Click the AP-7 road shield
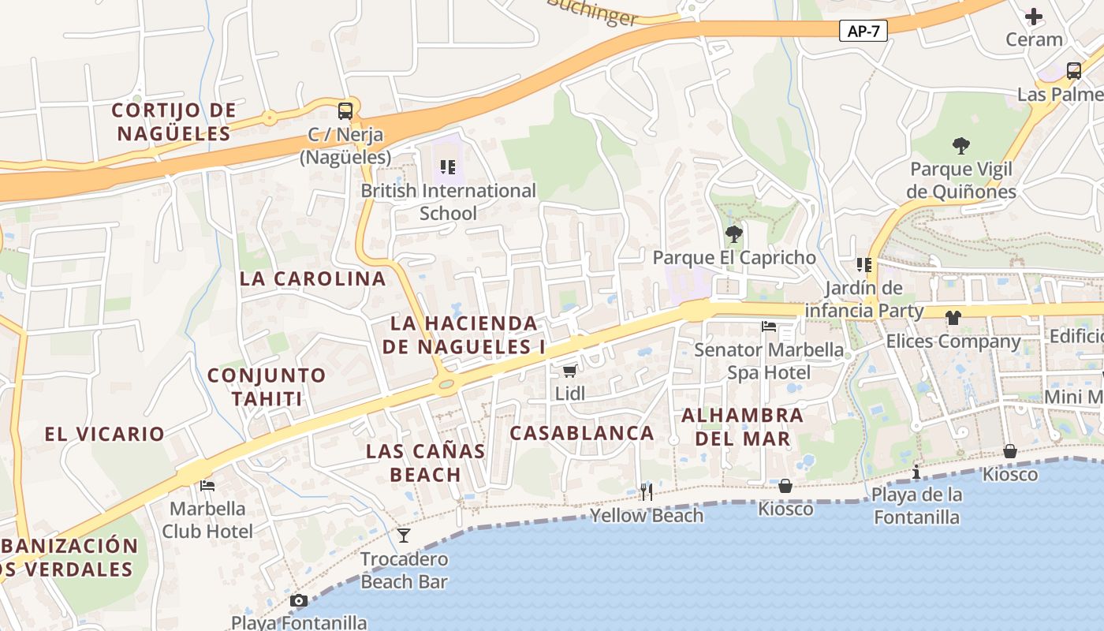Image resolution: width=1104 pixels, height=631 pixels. coord(863,31)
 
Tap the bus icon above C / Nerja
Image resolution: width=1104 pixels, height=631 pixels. coord(345,110)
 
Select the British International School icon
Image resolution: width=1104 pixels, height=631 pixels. coord(447,167)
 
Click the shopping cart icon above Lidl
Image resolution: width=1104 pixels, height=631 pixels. coord(569,371)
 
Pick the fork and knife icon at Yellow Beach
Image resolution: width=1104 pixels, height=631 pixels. coord(647,493)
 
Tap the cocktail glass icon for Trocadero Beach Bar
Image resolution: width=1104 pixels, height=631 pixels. coord(404,536)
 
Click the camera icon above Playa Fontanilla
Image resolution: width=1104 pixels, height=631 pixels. coord(298,601)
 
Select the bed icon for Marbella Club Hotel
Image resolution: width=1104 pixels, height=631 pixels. coord(207,485)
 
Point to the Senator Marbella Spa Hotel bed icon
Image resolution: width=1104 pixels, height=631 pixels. coord(769,327)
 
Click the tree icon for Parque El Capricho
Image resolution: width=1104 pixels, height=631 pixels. coord(733,234)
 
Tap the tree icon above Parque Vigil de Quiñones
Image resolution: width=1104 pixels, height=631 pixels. coord(960,146)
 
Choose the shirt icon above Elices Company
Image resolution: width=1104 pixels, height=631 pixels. coord(953,318)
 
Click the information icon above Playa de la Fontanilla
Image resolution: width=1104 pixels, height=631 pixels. coord(916,472)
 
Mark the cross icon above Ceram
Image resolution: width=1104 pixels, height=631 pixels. coord(1033,16)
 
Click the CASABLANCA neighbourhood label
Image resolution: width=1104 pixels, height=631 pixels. coord(582,433)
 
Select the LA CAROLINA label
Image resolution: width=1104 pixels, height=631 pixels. coord(313,278)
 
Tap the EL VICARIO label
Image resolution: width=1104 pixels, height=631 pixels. coord(104,434)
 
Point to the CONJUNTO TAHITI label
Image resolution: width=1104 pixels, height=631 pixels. coord(267,386)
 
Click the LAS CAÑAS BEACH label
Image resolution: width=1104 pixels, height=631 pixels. coord(426,463)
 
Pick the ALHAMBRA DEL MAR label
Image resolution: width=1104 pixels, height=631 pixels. coord(743,427)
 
